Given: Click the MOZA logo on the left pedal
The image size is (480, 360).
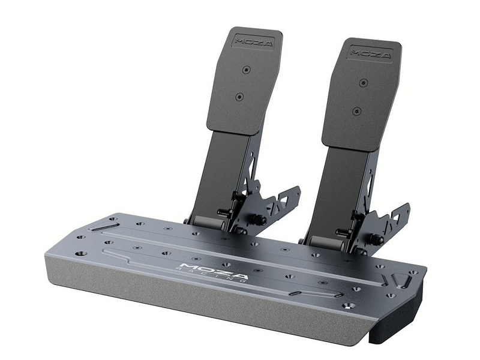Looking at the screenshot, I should [x=254, y=43].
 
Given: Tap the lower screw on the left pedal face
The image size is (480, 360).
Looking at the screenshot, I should [x=239, y=96].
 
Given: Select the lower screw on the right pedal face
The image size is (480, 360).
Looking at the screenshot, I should [x=356, y=110].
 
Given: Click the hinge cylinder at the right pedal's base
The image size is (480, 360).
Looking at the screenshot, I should [x=325, y=242].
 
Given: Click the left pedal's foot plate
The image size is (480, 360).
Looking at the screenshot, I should [x=242, y=84].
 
